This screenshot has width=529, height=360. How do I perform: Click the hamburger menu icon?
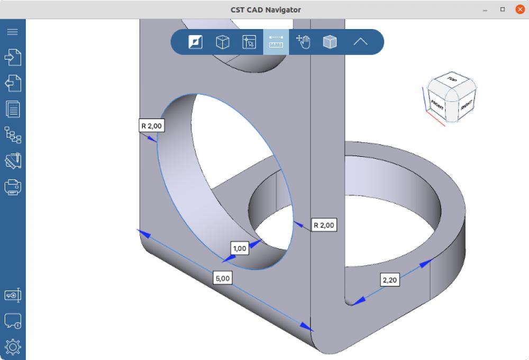point(12,32)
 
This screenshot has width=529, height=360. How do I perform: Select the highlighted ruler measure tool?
point(276,42)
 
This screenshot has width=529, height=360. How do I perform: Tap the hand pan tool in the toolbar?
point(303,42)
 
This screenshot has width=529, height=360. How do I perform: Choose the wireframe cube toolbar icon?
point(223,42)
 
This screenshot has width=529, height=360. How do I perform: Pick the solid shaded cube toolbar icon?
point(330,42)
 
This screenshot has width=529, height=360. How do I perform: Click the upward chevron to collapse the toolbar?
point(360,42)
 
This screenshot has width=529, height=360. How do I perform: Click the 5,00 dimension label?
point(223,278)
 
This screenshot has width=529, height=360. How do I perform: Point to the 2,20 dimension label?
point(389,280)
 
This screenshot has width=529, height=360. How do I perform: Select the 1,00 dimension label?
point(240,248)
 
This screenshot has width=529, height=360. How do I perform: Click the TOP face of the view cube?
point(451,80)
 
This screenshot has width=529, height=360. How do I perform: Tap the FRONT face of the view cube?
point(437,104)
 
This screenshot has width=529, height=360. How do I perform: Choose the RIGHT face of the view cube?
point(466,105)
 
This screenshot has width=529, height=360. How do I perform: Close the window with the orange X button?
point(519,10)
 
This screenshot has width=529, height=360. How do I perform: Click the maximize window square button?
point(503,10)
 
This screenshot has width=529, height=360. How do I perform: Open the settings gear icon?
point(12,347)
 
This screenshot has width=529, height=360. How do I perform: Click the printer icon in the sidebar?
point(12,187)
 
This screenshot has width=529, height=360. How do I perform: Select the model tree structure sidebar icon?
point(12,135)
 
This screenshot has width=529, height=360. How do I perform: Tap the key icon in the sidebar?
point(12,295)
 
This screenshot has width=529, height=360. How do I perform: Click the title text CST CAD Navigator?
point(266,10)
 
